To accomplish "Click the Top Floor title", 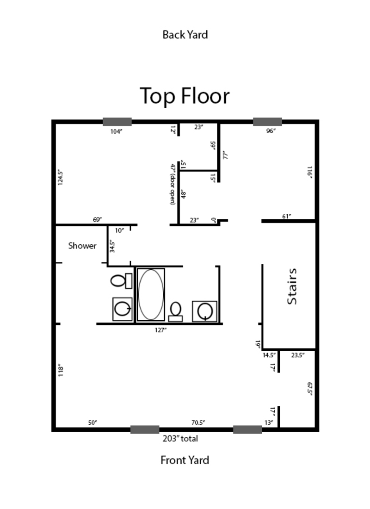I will (x=185, y=96).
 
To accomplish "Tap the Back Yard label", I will (x=185, y=35).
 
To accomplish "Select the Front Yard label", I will (x=185, y=460).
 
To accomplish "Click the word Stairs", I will (x=292, y=286).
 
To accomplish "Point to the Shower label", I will (x=82, y=246).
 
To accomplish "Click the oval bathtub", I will (x=151, y=294).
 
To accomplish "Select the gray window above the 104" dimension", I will (x=117, y=122).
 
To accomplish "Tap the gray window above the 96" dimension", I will (x=267, y=122).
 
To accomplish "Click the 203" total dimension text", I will (x=180, y=439).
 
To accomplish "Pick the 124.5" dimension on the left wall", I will (x=60, y=178).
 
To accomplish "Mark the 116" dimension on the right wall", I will (x=310, y=172).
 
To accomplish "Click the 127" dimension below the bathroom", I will (x=160, y=330).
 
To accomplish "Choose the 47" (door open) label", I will (x=173, y=184).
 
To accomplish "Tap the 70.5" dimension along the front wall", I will (x=198, y=422).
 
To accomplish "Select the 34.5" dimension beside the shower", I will (x=112, y=245).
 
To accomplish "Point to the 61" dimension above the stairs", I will (x=287, y=216).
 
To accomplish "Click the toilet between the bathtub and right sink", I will (x=175, y=311).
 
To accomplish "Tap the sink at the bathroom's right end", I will (x=204, y=310).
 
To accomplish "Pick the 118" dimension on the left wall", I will (x=60, y=371).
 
